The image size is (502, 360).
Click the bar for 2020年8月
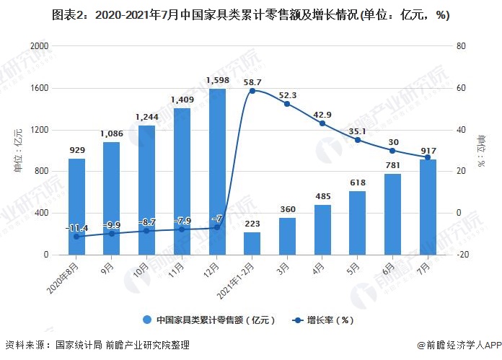[x=76, y=206]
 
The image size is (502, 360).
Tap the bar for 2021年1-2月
[x=252, y=243]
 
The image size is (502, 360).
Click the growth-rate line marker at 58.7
[x=252, y=91]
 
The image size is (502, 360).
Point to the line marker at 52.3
[x=287, y=104]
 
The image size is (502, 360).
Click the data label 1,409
[x=182, y=100]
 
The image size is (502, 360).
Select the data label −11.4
[x=76, y=228]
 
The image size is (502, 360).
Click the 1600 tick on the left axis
[x=39, y=88]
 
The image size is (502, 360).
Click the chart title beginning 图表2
[x=250, y=15]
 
